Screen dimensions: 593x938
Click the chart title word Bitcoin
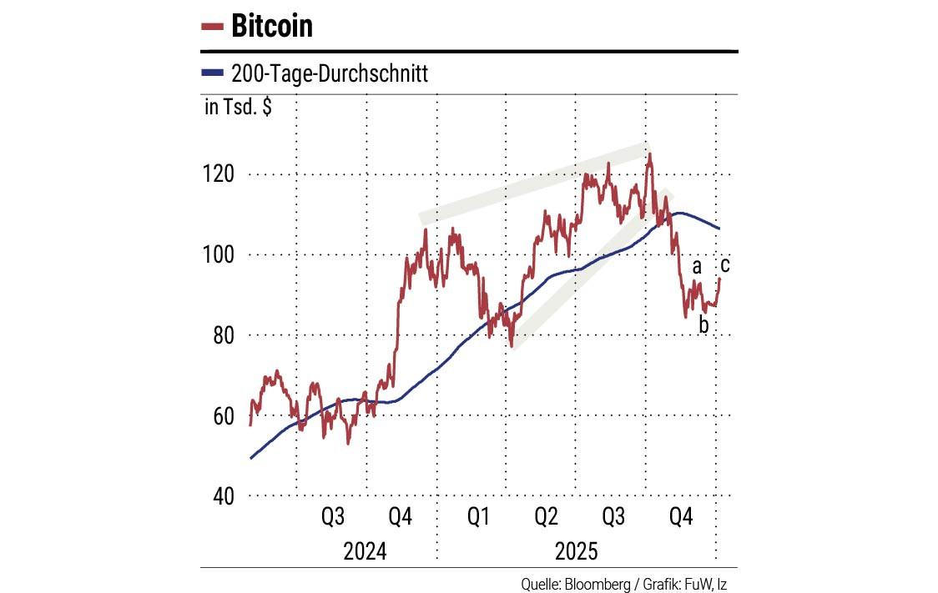[x=272, y=27]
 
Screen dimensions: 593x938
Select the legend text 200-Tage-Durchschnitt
[x=329, y=74]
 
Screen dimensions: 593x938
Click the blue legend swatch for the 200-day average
[x=212, y=74]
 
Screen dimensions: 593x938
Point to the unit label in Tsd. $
[x=237, y=108]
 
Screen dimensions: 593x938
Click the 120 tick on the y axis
[x=219, y=174]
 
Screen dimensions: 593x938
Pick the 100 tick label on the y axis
[x=219, y=254]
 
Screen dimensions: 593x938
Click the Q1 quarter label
[x=478, y=518]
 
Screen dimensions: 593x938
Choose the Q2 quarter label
[x=546, y=518]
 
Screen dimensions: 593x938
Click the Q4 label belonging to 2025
[x=681, y=518]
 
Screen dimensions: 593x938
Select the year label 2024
[x=365, y=552]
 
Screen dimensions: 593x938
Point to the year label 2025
[x=576, y=552]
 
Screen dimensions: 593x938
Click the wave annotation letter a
[x=697, y=268]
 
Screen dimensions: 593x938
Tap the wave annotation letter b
[x=703, y=324]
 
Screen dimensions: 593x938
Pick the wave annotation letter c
[x=725, y=266]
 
